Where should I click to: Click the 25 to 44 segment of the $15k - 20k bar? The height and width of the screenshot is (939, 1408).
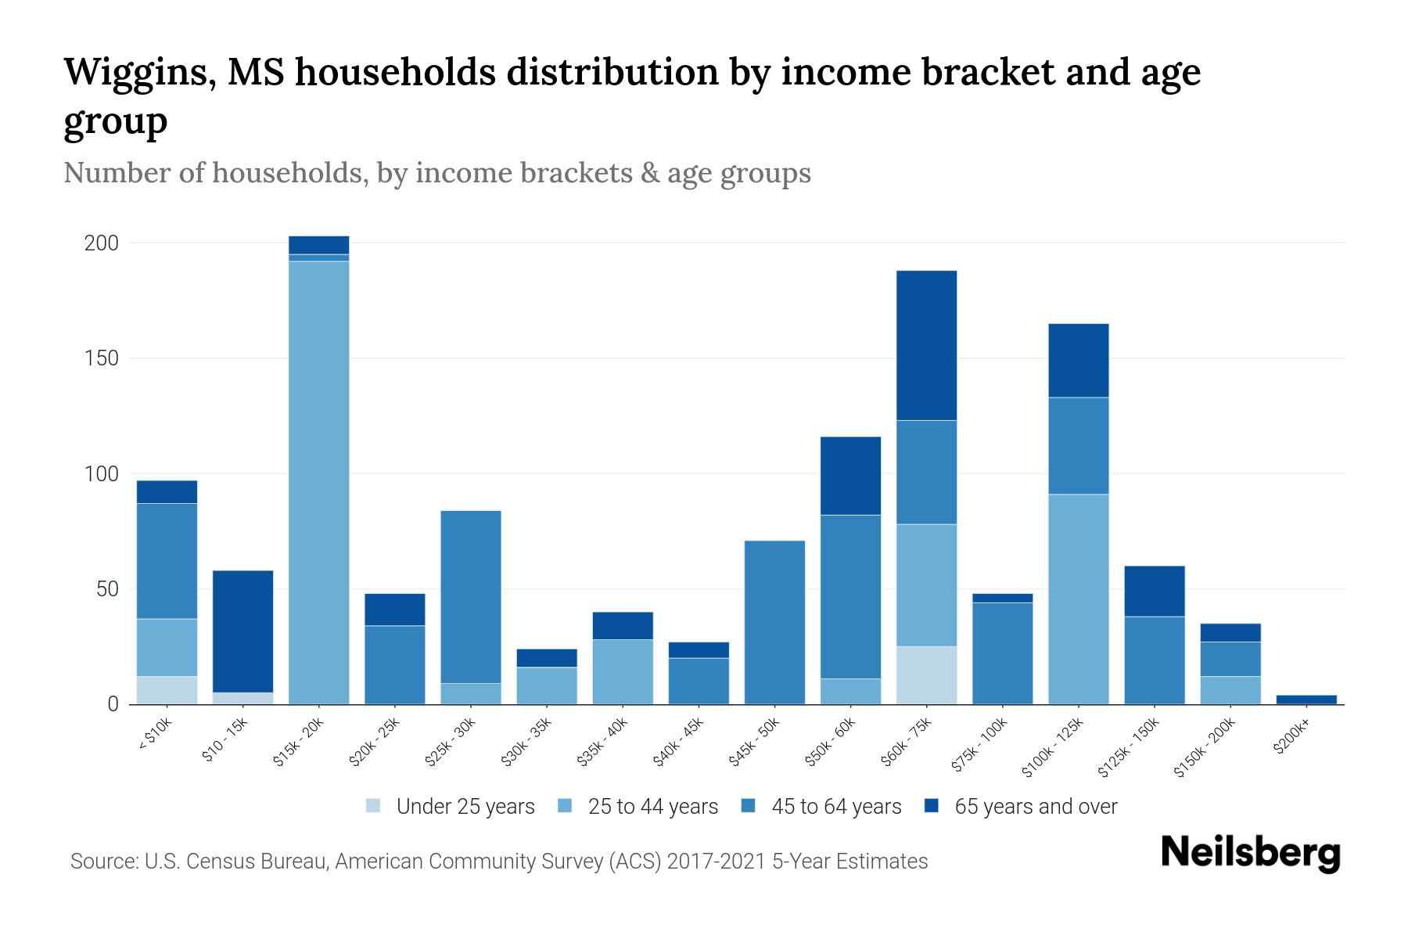[318, 481]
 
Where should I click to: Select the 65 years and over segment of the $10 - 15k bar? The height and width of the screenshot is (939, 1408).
[242, 631]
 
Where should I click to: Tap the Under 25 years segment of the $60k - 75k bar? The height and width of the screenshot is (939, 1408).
[926, 675]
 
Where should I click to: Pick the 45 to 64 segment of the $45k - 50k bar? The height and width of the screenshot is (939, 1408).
[774, 622]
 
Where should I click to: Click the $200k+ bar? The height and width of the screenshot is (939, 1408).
[1306, 699]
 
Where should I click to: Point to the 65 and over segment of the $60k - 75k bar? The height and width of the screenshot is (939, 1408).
[926, 345]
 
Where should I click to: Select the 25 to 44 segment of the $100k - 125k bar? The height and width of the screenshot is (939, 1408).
[1078, 599]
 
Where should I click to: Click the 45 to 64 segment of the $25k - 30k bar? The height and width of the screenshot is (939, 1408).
[471, 596]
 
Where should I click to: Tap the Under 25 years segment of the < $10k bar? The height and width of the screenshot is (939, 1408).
[167, 689]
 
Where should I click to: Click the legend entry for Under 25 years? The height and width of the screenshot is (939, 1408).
[465, 807]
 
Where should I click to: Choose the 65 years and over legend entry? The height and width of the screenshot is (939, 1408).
[1035, 807]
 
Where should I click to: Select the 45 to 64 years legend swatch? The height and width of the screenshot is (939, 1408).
[749, 806]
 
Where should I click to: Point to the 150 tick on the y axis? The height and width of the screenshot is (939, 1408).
[102, 358]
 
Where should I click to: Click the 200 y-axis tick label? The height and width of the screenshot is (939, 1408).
[102, 243]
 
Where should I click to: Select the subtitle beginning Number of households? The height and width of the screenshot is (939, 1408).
[436, 173]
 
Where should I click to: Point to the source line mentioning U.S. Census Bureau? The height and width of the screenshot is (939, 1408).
[498, 862]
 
